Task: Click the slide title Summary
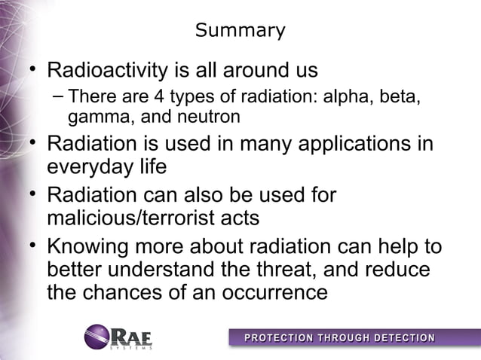point(240,31)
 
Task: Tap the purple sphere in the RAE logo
point(97,336)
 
